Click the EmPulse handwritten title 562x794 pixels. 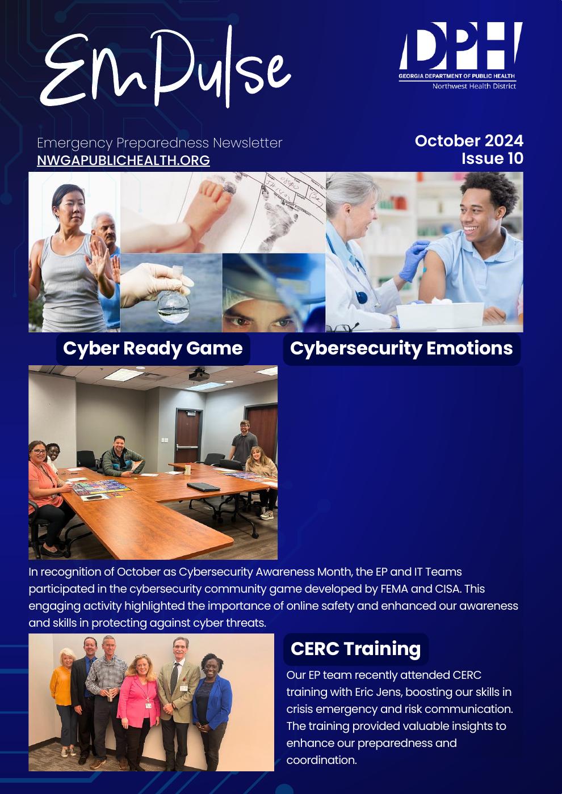pyautogui.click(x=165, y=67)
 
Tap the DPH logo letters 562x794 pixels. pyautogui.click(x=461, y=46)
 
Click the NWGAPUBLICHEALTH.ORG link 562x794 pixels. pyautogui.click(x=124, y=161)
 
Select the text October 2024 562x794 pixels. pyautogui.click(x=469, y=141)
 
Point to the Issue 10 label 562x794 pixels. pyautogui.click(x=493, y=158)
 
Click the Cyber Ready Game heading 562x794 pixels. pyautogui.click(x=153, y=348)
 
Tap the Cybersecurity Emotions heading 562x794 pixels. pyautogui.click(x=401, y=348)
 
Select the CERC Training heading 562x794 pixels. pyautogui.click(x=355, y=649)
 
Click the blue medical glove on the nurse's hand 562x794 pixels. pyautogui.click(x=414, y=260)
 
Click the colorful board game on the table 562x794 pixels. pyautogui.click(x=101, y=488)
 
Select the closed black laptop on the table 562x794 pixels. pyautogui.click(x=204, y=487)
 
